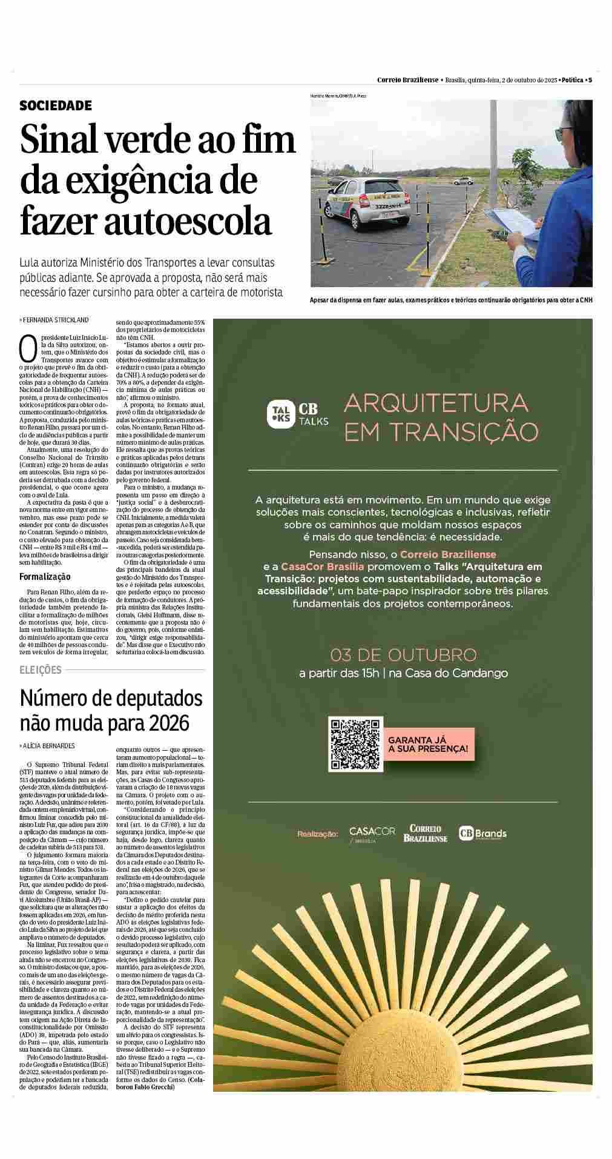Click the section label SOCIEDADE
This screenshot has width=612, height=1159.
click(56, 106)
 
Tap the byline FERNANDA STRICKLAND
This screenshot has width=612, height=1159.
click(56, 319)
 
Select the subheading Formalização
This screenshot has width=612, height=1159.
click(45, 576)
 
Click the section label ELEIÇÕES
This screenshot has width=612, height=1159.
click(41, 669)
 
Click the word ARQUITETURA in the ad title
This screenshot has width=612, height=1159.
click(436, 402)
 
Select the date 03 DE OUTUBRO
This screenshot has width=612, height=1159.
click(404, 655)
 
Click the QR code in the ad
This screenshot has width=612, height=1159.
click(356, 745)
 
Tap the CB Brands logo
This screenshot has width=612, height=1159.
click(482, 834)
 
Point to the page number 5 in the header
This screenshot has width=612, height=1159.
click(590, 80)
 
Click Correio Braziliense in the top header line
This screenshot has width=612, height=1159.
click(407, 80)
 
